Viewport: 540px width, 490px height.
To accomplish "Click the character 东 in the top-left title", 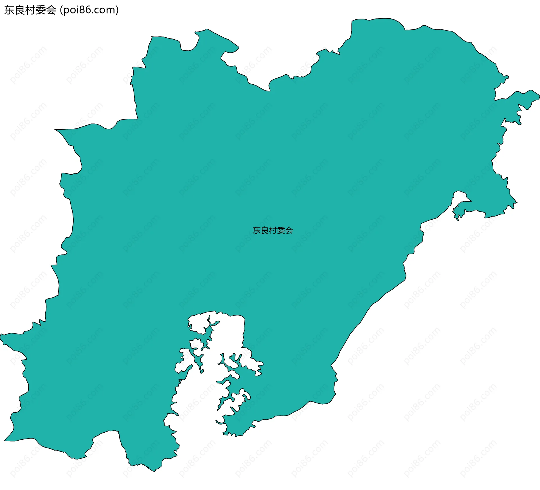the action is pyautogui.click(x=9, y=10).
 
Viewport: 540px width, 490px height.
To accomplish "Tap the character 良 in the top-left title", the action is pyautogui.click(x=20, y=10).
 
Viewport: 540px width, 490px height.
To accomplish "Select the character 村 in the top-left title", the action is pyautogui.click(x=30, y=10).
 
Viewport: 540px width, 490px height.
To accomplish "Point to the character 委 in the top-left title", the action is pyautogui.click(x=41, y=10).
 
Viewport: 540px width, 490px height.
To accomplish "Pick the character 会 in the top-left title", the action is pyautogui.click(x=51, y=10).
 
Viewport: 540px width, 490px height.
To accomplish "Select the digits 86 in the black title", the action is pyautogui.click(x=86, y=10).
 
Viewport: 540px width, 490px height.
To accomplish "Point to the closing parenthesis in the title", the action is pyautogui.click(x=117, y=10).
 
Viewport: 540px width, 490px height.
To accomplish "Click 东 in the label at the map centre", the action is pyautogui.click(x=257, y=231).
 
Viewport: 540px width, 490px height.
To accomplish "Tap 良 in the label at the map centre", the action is pyautogui.click(x=265, y=231).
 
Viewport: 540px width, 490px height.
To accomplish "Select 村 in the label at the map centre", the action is pyautogui.click(x=273, y=231).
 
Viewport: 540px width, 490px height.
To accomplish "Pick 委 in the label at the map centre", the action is pyautogui.click(x=281, y=231).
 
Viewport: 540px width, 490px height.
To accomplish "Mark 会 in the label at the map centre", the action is pyautogui.click(x=289, y=231).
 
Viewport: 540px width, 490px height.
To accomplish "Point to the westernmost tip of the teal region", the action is pyautogui.click(x=1, y=335).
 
